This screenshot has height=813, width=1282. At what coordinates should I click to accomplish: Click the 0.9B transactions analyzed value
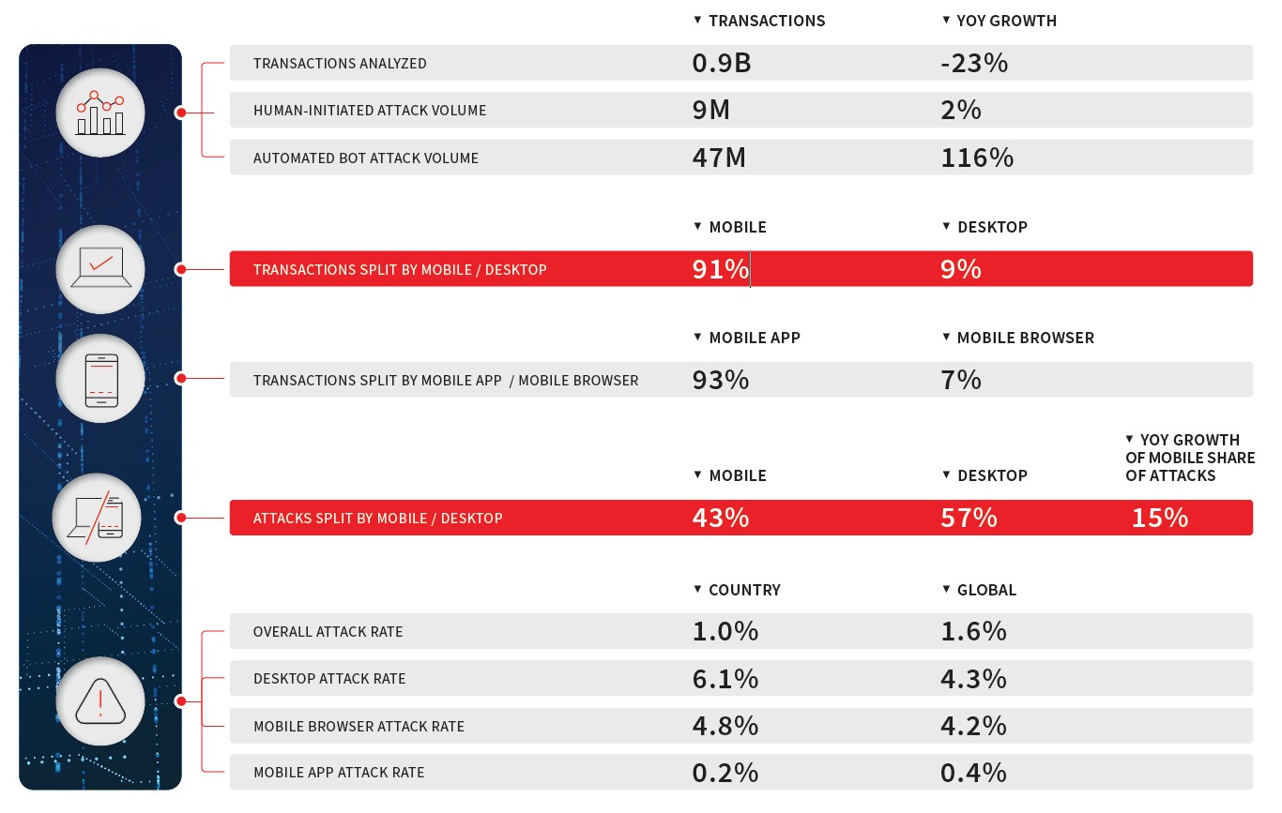(x=721, y=63)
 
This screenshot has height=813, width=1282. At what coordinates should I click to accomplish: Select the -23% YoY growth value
(x=974, y=63)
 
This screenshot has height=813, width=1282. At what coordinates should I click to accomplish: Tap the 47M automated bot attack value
(x=719, y=158)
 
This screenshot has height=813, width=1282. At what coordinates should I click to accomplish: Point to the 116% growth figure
(x=977, y=158)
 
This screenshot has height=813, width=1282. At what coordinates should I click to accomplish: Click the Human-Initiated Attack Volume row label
(x=370, y=111)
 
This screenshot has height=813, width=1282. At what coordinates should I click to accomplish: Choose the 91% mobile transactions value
(x=720, y=269)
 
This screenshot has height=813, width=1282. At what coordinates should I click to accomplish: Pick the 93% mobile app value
(x=720, y=380)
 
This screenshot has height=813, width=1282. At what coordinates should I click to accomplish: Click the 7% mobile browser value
(x=961, y=380)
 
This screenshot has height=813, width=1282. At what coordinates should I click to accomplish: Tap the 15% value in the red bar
(x=1159, y=518)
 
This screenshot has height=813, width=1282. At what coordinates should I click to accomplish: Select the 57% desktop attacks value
(x=969, y=518)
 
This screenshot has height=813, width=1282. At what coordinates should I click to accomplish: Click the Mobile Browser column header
(x=1025, y=338)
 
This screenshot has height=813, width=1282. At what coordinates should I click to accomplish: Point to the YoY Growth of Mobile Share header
(x=1190, y=458)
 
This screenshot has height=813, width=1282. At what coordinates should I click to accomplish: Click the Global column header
(x=986, y=590)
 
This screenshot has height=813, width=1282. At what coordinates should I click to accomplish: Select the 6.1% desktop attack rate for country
(x=725, y=679)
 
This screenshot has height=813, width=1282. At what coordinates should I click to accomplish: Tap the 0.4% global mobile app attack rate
(x=973, y=773)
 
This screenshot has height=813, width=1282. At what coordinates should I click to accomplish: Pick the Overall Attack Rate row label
(x=328, y=632)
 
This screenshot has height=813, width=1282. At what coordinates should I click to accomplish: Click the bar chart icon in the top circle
(x=100, y=113)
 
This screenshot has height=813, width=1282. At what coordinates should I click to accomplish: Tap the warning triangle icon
(x=100, y=700)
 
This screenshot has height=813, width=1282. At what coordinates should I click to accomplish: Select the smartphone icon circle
(x=100, y=379)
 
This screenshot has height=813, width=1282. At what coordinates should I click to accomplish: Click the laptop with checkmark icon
(x=100, y=267)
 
